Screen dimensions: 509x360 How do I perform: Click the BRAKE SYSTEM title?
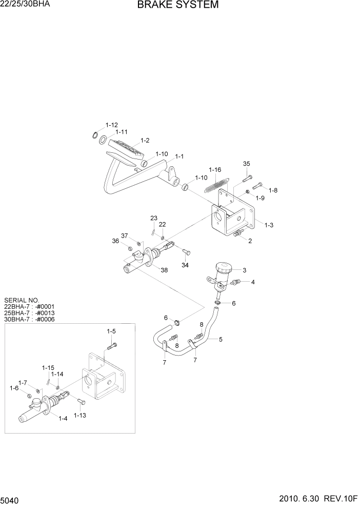(x=177, y=5)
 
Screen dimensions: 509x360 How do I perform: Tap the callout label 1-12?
(x=111, y=125)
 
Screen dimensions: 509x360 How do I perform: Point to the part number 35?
(x=246, y=164)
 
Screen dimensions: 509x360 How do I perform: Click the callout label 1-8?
(x=273, y=190)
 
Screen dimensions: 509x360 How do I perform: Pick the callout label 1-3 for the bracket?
(x=268, y=225)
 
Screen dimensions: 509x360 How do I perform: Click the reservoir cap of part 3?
(x=224, y=267)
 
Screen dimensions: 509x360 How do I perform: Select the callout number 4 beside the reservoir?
(x=252, y=281)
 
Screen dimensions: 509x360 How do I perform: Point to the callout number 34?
(x=185, y=265)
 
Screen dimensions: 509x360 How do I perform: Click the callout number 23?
(x=153, y=218)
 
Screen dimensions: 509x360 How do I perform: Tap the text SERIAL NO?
(x=21, y=300)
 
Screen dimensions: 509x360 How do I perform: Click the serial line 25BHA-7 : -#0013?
(x=29, y=312)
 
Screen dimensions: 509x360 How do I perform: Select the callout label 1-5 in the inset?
(x=111, y=331)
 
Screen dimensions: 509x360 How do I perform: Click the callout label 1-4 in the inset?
(x=63, y=419)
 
